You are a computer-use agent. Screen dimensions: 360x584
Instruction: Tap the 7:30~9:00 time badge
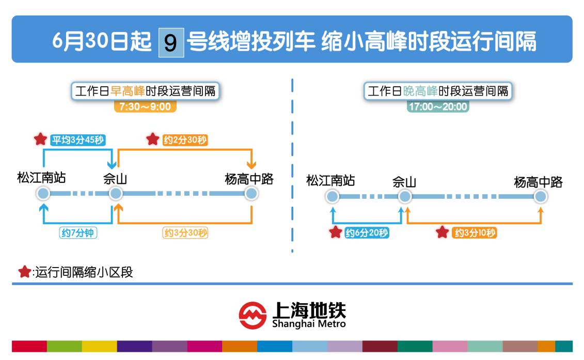[x=145, y=107]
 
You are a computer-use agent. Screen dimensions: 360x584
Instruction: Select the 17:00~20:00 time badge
[x=437, y=107]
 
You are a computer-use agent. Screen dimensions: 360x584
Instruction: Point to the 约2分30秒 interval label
[x=185, y=139]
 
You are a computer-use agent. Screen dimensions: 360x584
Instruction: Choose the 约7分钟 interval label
[x=78, y=233]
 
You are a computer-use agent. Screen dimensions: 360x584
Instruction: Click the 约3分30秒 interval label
[x=185, y=233]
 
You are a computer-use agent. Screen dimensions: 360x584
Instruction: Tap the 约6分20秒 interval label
[x=367, y=233]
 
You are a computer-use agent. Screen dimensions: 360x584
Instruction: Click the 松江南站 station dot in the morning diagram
[x=43, y=194]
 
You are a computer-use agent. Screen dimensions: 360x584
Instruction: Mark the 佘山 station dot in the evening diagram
[x=405, y=196]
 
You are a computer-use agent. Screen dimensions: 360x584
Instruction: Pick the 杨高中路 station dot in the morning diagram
[x=251, y=194]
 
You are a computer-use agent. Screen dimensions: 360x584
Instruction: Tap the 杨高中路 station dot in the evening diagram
[x=540, y=196]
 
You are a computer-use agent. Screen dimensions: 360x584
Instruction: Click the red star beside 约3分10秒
[x=442, y=232]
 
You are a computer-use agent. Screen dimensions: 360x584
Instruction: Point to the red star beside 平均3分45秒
[x=40, y=139]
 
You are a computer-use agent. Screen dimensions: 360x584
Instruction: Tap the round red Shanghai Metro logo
[x=252, y=315]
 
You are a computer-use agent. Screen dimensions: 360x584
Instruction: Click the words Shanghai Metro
[x=309, y=324]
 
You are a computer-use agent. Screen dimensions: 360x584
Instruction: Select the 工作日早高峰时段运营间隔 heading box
[x=145, y=91]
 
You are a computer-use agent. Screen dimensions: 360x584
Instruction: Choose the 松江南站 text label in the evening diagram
[x=330, y=181]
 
